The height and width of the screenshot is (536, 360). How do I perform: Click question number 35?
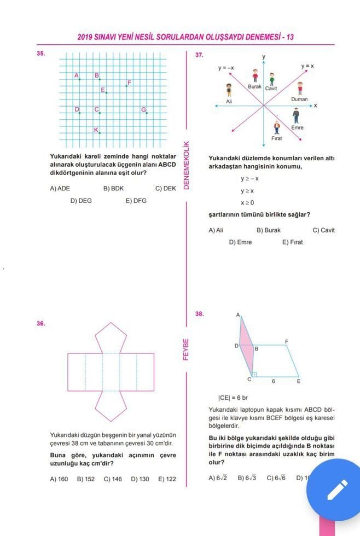[x=40, y=54]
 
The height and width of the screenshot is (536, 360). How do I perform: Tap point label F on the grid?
[x=129, y=83]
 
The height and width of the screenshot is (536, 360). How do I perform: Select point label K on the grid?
[x=96, y=130]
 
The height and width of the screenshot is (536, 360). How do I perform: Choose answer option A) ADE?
[x=60, y=188]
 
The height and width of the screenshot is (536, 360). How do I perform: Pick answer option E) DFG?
[x=136, y=201]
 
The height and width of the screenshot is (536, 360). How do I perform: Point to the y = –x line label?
[x=226, y=68]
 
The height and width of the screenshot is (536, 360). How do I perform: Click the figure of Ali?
[x=229, y=91]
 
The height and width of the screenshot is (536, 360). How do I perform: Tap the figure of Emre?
[x=296, y=115]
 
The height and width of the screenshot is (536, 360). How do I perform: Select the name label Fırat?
[x=277, y=139]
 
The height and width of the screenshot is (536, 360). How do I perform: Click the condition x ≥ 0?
[x=247, y=202]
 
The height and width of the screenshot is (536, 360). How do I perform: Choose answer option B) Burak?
[x=268, y=230]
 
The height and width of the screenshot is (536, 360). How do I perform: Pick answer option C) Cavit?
[x=323, y=230]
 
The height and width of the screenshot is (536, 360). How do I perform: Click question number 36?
[x=40, y=323]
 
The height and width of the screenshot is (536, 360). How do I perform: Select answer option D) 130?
[x=140, y=479]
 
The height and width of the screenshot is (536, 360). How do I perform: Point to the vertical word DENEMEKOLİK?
[x=186, y=165]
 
